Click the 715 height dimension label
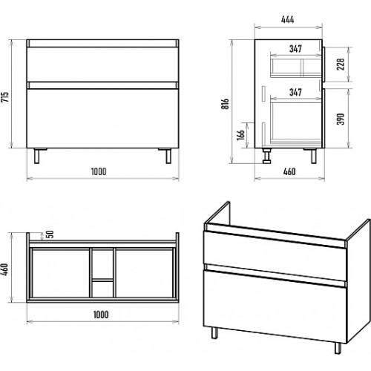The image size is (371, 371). point(5,97)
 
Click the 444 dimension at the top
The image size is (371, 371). point(288,19)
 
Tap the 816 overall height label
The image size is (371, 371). point(226,104)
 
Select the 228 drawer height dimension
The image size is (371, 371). point(341,64)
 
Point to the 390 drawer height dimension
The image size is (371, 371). point(341,119)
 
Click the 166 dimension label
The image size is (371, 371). point(240,135)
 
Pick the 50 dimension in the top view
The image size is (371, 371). point(50,234)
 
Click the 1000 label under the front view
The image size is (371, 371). point(99,171)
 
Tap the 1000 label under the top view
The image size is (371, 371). point(101,315)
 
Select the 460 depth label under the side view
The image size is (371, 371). point(289,171)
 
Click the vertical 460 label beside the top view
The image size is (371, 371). point(5,269)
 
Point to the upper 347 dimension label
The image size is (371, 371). point(295,49)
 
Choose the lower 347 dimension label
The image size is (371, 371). point(295,93)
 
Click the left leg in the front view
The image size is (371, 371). point(37,156)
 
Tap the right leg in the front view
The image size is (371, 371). point(168,156)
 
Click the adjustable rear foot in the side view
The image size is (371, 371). point(267,156)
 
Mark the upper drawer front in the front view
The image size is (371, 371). point(102,64)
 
